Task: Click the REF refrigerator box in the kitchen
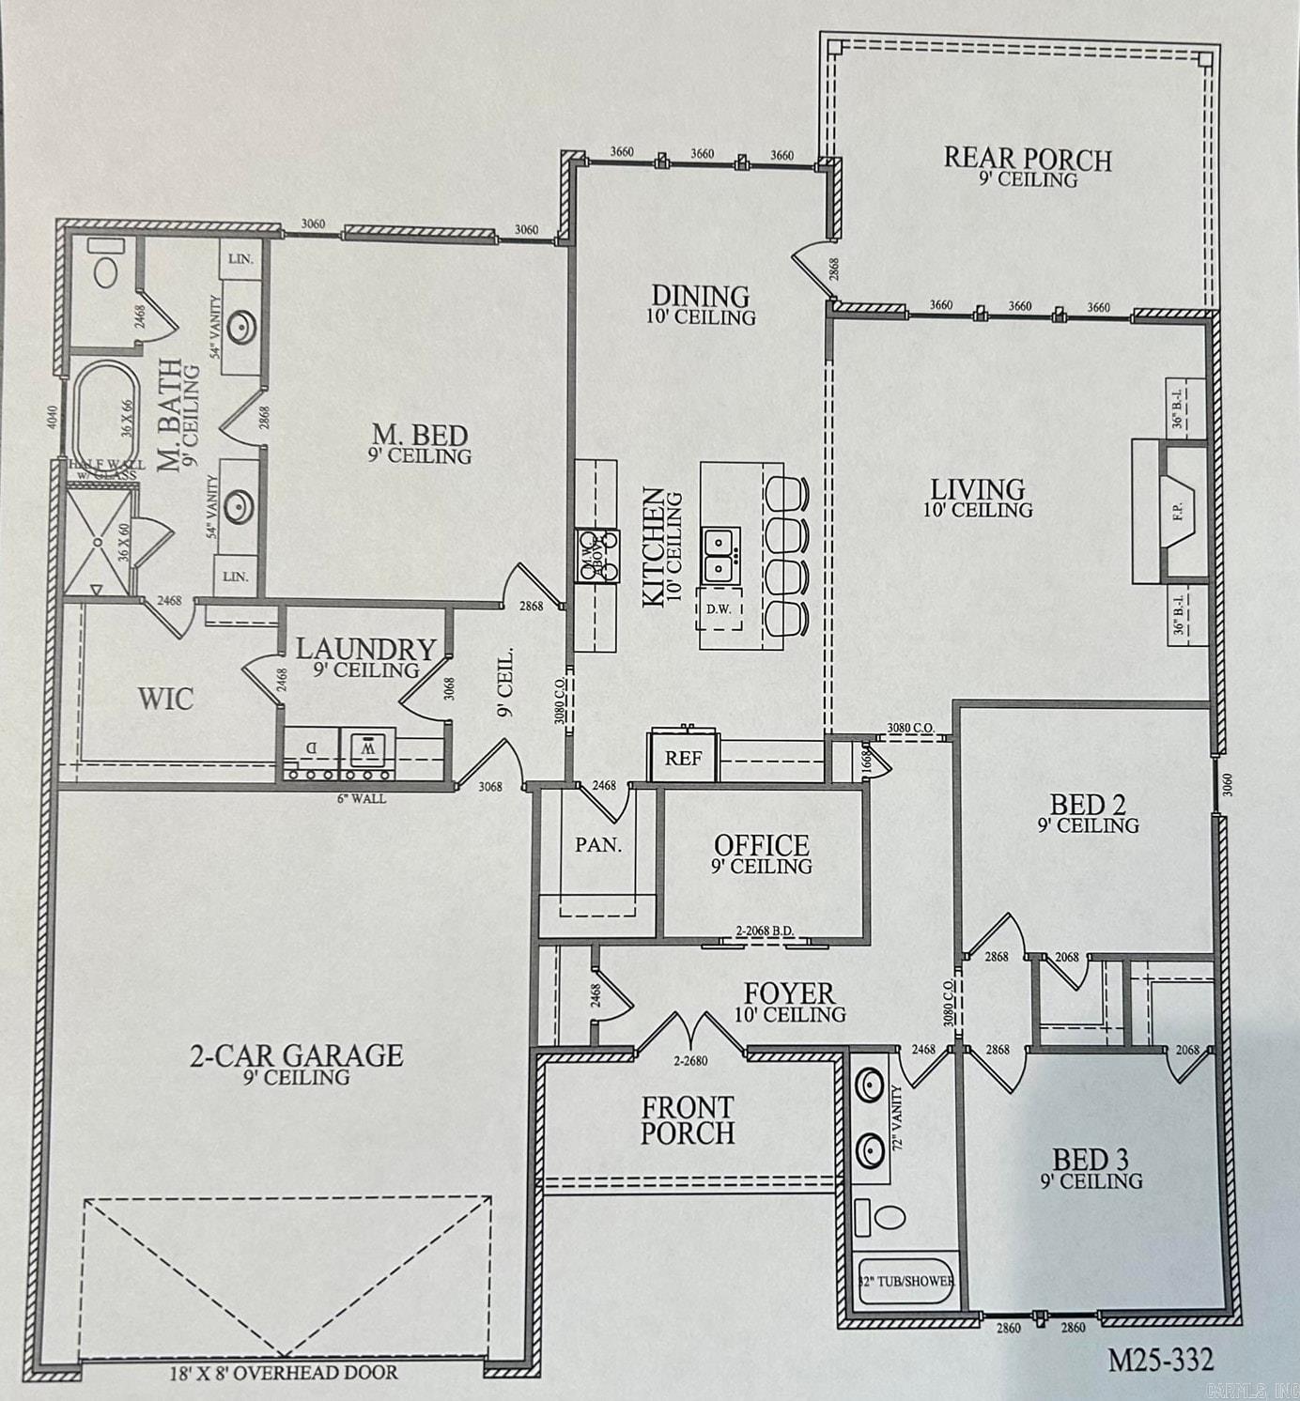pos(683,758)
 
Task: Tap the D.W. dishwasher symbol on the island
pos(719,608)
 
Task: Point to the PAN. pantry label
pos(598,844)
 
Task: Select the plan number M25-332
pos(1160,1359)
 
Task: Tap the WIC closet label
pos(166,699)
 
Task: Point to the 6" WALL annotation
pos(362,799)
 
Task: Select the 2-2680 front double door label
pos(690,1061)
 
